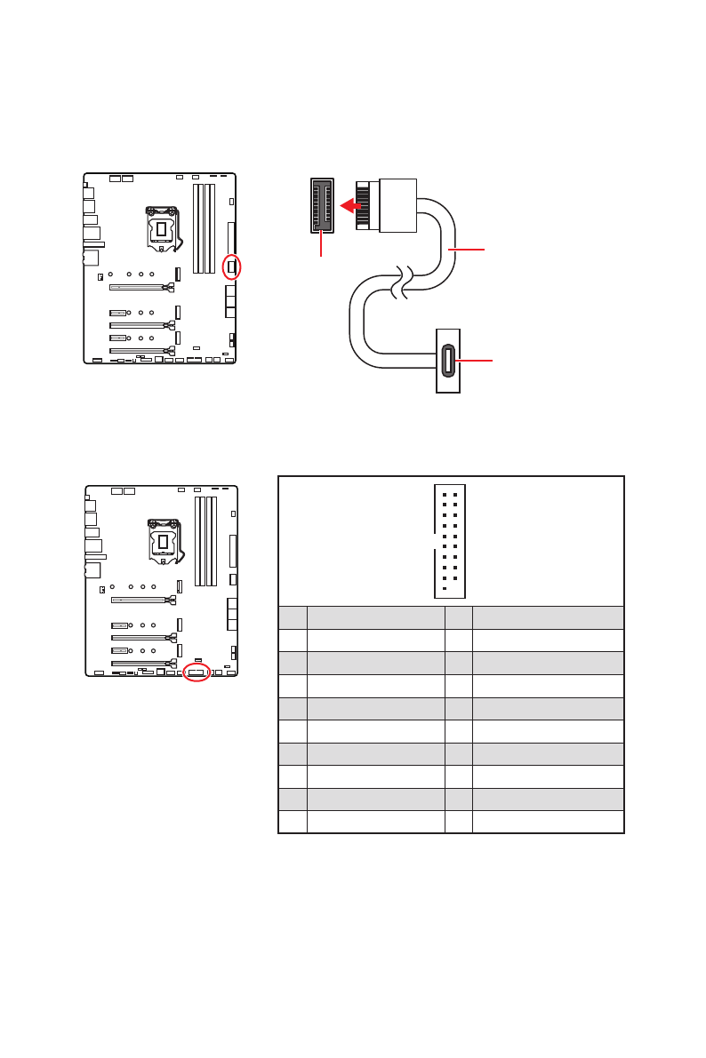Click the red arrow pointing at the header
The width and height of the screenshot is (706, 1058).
pyautogui.click(x=352, y=206)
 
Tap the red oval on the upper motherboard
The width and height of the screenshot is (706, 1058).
pyautogui.click(x=231, y=266)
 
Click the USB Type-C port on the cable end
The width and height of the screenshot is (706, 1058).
pyautogui.click(x=448, y=361)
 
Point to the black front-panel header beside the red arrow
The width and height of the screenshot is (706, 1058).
pyautogui.click(x=322, y=205)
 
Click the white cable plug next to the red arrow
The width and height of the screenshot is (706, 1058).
pyautogui.click(x=397, y=205)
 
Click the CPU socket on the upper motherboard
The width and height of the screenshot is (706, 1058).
pyautogui.click(x=161, y=228)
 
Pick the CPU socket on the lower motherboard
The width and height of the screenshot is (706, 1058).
pyautogui.click(x=163, y=541)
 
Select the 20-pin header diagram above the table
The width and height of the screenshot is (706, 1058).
pyautogui.click(x=450, y=541)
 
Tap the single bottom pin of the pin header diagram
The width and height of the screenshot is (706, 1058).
pyautogui.click(x=444, y=588)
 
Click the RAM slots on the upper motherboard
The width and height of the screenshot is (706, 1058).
pyautogui.click(x=205, y=228)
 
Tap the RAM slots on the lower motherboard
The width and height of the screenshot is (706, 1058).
pyautogui.click(x=206, y=541)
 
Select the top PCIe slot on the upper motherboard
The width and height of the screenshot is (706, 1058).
pyautogui.click(x=140, y=287)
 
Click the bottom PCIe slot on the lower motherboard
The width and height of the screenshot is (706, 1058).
pyautogui.click(x=142, y=663)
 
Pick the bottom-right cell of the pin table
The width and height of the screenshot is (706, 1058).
pyautogui.click(x=547, y=822)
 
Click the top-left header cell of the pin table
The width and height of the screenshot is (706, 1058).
pyautogui.click(x=293, y=617)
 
